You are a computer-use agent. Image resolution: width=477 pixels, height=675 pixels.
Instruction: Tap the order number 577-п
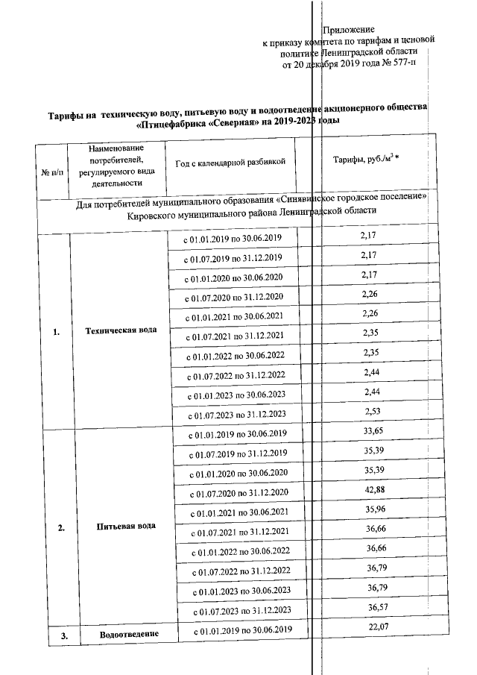(x=402, y=65)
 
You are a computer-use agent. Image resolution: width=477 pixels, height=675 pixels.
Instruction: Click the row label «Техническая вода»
(x=121, y=330)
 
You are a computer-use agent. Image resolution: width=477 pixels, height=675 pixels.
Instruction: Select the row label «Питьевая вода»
(x=126, y=526)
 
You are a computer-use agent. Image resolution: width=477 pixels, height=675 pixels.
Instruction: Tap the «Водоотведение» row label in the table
(x=130, y=635)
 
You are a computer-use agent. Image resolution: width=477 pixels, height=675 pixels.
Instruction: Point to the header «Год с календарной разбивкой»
(x=230, y=163)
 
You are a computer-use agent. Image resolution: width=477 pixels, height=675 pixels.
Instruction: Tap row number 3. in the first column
(x=64, y=635)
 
